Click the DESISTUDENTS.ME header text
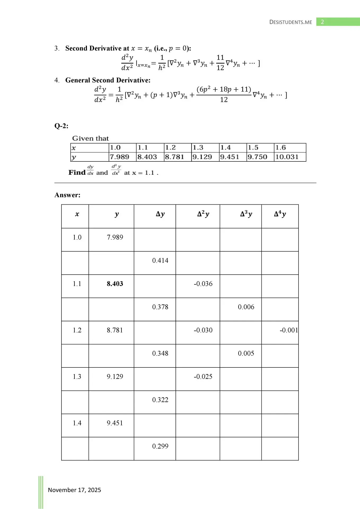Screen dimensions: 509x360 (x=291, y=22)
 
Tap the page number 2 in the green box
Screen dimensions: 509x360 (x=322, y=22)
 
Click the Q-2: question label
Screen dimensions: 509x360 (x=61, y=126)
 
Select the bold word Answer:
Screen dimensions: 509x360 (x=67, y=195)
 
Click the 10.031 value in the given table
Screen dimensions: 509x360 (x=287, y=157)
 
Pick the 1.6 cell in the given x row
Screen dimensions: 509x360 (x=280, y=148)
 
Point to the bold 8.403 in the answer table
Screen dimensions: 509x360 (x=115, y=284)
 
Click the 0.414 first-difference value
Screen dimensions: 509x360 (x=160, y=261)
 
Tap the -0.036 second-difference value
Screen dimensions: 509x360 (x=203, y=284)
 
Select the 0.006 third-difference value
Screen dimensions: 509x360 (x=246, y=307)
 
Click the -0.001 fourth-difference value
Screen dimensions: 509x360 (x=289, y=330)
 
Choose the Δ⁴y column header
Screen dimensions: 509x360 (x=280, y=214)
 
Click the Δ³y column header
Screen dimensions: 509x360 (x=246, y=214)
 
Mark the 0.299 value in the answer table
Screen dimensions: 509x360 (x=160, y=446)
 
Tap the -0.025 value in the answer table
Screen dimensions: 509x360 (x=203, y=376)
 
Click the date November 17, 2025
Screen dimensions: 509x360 (x=74, y=490)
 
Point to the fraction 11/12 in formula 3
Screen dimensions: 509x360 (x=220, y=63)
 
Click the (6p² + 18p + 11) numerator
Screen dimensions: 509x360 (x=224, y=89)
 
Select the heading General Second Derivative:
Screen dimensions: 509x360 (x=108, y=80)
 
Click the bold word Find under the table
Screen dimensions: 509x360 (x=77, y=173)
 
